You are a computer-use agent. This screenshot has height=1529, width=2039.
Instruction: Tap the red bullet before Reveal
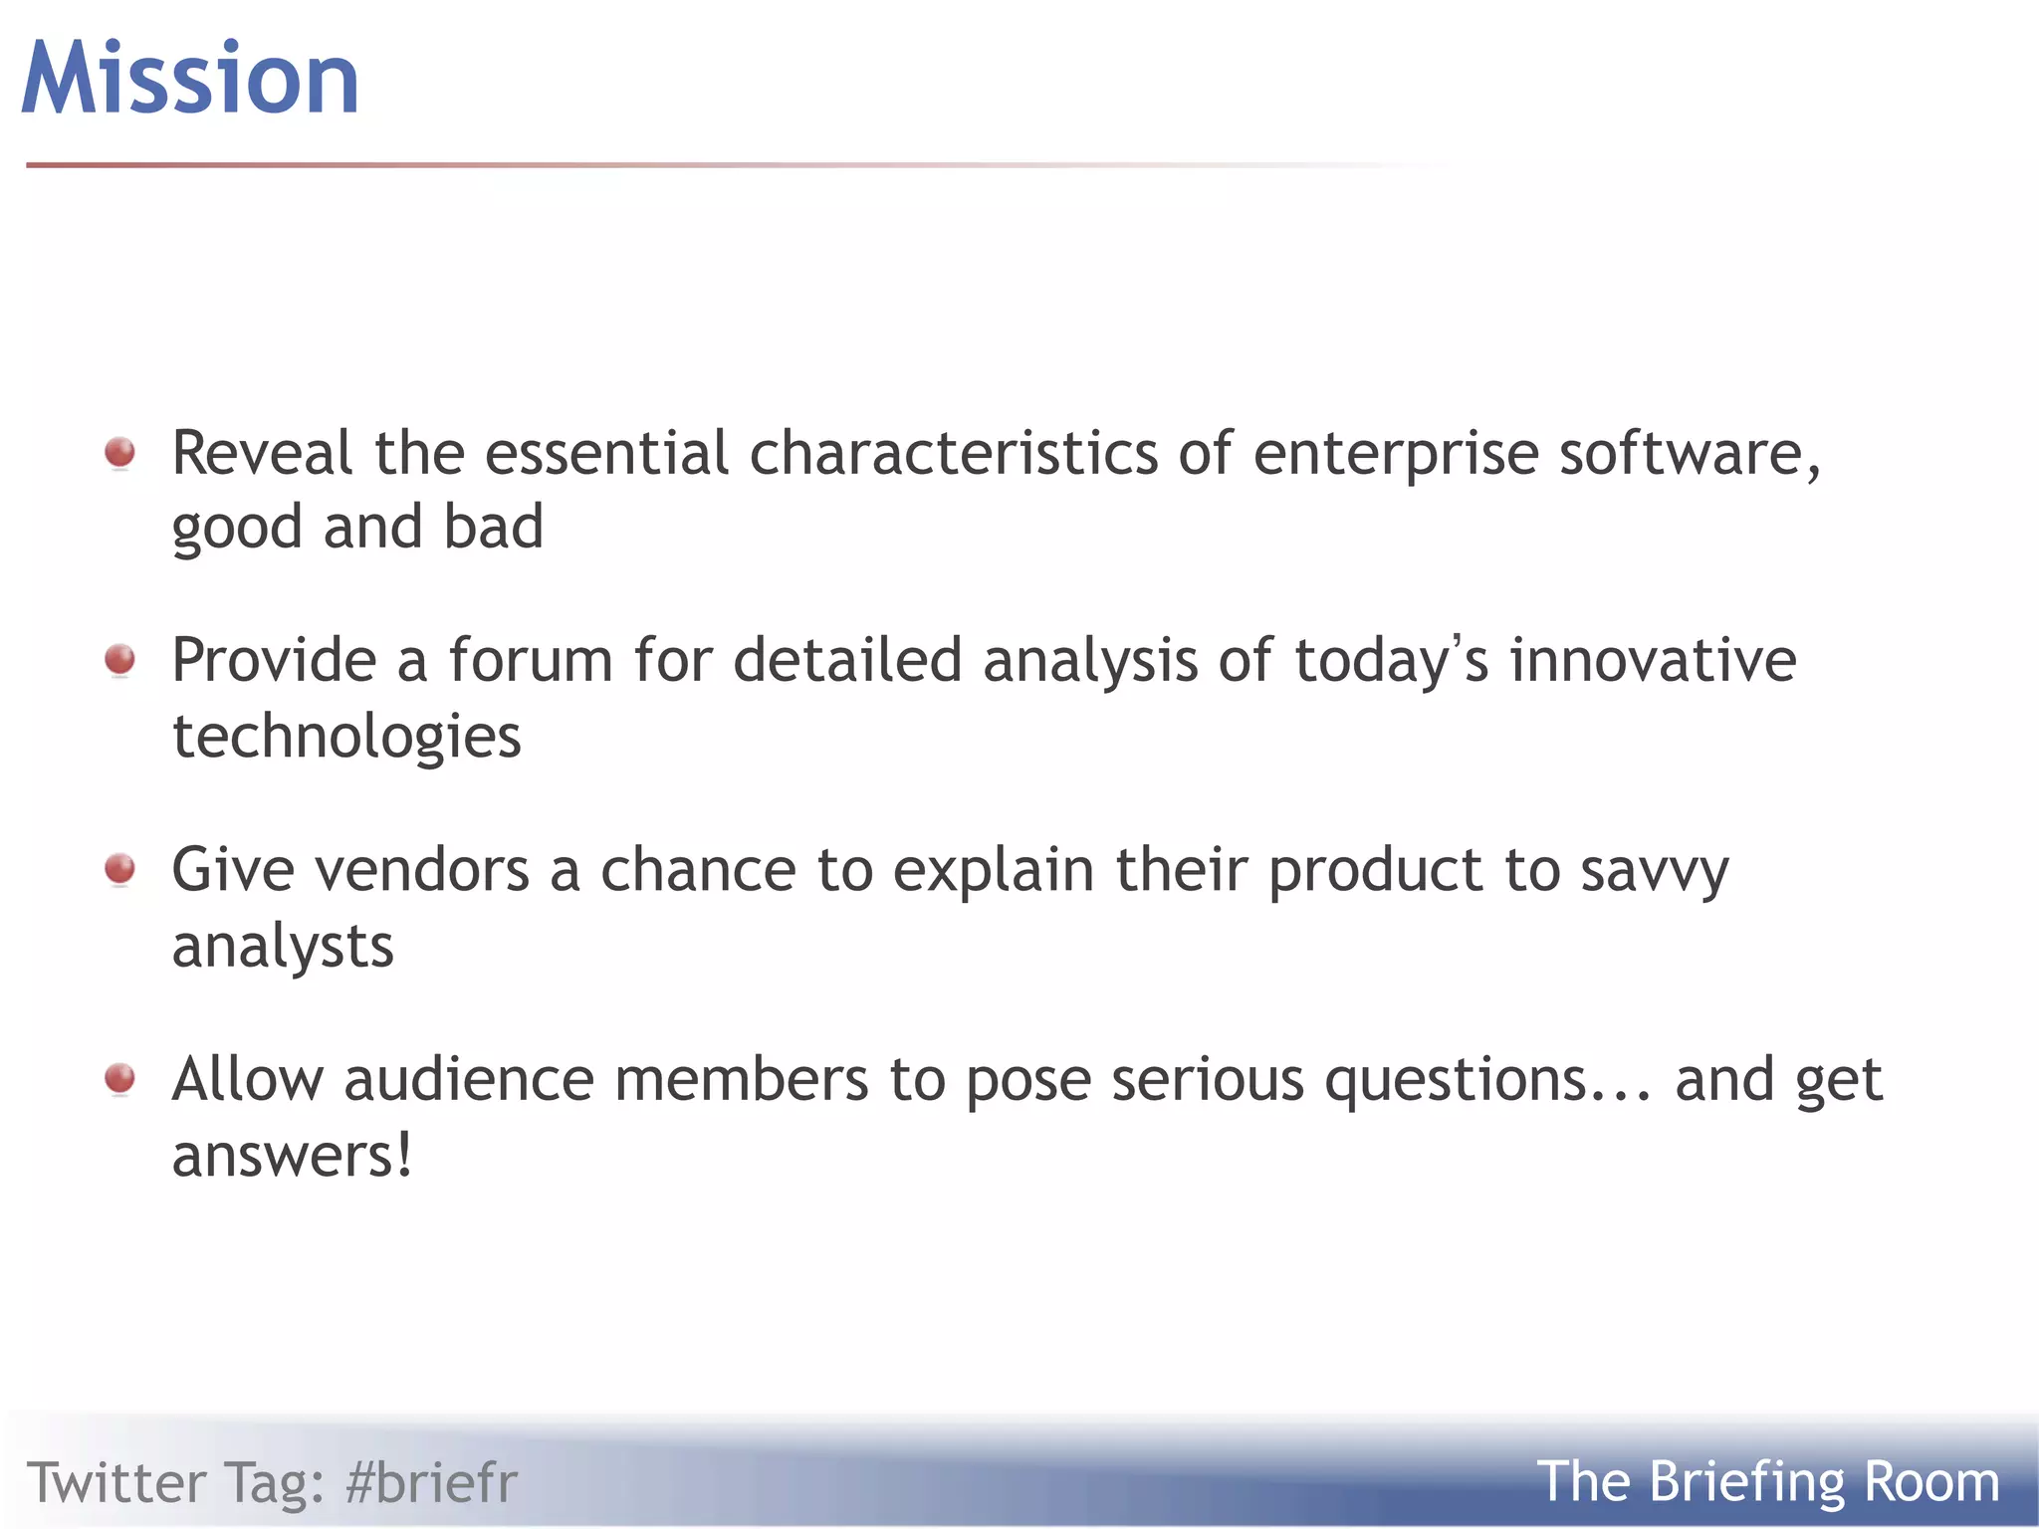point(120,453)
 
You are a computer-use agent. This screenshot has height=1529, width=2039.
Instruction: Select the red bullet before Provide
point(120,659)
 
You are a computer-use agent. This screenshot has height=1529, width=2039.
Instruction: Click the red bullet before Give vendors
point(120,869)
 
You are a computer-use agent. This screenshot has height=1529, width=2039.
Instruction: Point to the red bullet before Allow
point(120,1078)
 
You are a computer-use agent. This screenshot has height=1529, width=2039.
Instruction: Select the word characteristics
point(954,453)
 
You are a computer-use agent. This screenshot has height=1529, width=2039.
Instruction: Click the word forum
point(530,660)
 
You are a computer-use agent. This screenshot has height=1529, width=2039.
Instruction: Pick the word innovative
point(1653,660)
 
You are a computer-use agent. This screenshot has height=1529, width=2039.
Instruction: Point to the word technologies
point(346,737)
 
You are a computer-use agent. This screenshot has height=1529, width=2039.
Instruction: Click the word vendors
point(422,869)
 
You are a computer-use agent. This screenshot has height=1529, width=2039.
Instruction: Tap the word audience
point(469,1079)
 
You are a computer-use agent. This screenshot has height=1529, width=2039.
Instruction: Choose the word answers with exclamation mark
point(292,1157)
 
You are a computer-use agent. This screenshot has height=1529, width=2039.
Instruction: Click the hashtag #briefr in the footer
point(431,1482)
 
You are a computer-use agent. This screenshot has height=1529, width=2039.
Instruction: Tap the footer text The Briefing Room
point(1767,1481)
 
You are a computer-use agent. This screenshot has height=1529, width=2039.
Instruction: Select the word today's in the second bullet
point(1391,662)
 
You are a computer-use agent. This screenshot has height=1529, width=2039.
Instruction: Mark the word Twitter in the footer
point(116,1482)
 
